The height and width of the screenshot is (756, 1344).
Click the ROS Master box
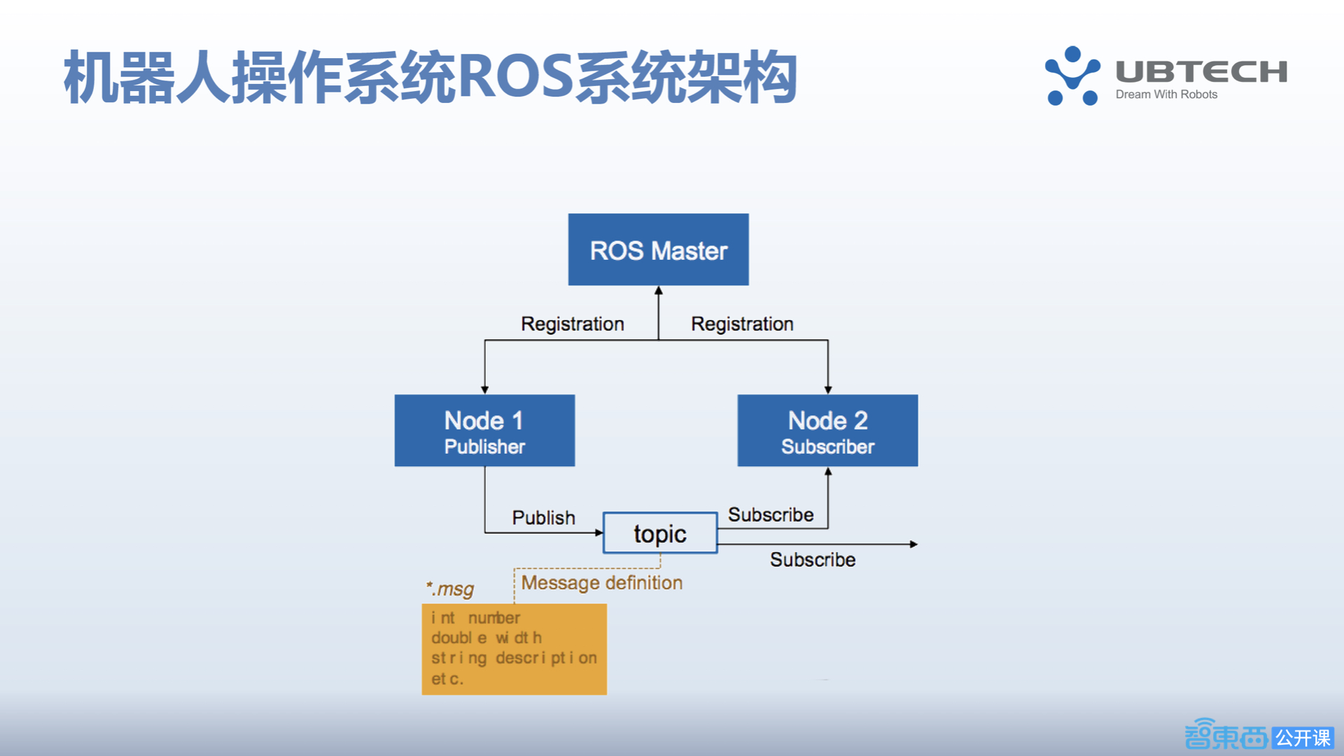pyautogui.click(x=658, y=249)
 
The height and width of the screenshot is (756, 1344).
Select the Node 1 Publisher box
pyautogui.click(x=484, y=430)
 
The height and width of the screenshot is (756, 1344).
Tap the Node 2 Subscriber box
pyautogui.click(x=827, y=430)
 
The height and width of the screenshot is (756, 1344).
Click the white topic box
pyautogui.click(x=660, y=533)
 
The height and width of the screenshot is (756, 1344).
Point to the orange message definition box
pyautogui.click(x=514, y=649)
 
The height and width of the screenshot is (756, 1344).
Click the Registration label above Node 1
pyautogui.click(x=572, y=324)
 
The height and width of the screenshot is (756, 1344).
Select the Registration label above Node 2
pyautogui.click(x=742, y=324)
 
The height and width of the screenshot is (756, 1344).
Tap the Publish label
pyautogui.click(x=543, y=518)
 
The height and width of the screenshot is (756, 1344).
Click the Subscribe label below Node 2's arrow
pyautogui.click(x=770, y=515)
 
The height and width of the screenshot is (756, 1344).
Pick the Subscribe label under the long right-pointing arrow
pyautogui.click(x=812, y=560)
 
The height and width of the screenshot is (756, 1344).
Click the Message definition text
pyautogui.click(x=601, y=582)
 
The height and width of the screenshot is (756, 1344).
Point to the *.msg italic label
pyautogui.click(x=450, y=589)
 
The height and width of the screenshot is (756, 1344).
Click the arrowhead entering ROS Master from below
pyautogui.click(x=658, y=290)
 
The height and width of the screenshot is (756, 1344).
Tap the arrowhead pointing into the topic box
pyautogui.click(x=598, y=533)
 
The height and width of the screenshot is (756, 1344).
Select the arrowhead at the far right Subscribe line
pyautogui.click(x=913, y=544)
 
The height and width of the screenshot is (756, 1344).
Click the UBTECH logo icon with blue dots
pyautogui.click(x=1072, y=76)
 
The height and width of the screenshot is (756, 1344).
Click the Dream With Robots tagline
pyautogui.click(x=1166, y=94)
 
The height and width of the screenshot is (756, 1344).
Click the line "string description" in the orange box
pyautogui.click(x=514, y=658)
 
